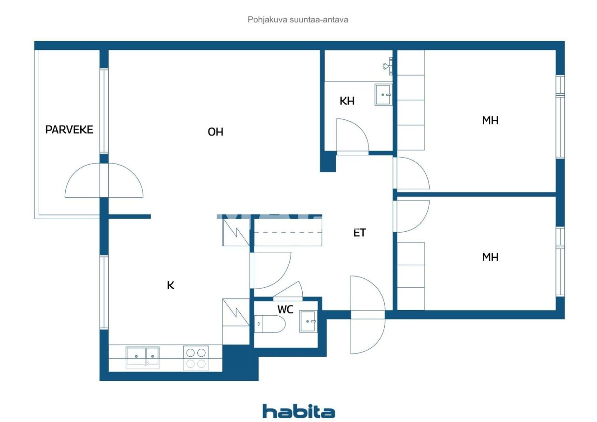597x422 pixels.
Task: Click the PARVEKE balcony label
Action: pos(69,130)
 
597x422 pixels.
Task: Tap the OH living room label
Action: pos(215,132)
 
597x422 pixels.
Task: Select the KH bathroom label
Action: pos(347,101)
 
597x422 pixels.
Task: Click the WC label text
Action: pos(285,310)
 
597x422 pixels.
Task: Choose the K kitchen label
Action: pos(171,285)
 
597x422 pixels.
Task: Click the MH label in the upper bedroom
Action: pos(490,120)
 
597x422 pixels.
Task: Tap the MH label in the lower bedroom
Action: pos(490,257)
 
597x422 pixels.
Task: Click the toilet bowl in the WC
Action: pos(270,324)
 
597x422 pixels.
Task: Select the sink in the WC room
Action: pos(308,321)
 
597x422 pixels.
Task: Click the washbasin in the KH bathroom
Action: pos(383,95)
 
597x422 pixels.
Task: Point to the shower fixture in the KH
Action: pos(388,67)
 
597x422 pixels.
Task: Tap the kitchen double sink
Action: pos(143,357)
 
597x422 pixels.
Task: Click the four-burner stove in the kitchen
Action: pos(196,358)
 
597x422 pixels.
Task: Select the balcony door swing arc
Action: pos(104,181)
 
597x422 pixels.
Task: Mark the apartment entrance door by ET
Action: pos(368,314)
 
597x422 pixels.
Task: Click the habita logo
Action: pos(298,412)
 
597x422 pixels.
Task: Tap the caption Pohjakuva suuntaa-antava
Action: pos(298,20)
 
